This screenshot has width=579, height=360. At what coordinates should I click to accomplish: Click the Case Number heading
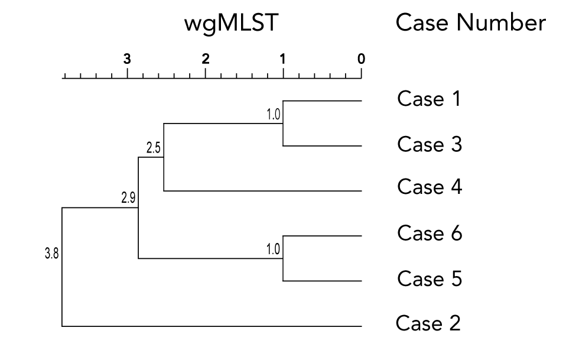(x=470, y=23)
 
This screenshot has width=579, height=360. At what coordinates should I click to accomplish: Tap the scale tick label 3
(x=127, y=59)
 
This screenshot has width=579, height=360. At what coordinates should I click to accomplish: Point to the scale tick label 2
(x=205, y=59)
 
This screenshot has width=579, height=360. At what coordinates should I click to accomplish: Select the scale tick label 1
(x=283, y=59)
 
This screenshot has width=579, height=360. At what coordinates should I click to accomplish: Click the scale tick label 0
(x=361, y=59)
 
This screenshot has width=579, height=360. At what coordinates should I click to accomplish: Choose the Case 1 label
(x=429, y=99)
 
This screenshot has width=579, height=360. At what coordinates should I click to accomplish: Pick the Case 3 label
(x=430, y=144)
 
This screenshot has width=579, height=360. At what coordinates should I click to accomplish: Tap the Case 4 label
(x=430, y=187)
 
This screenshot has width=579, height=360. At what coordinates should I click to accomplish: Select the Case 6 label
(x=430, y=233)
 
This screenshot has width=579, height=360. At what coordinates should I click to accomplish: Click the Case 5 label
(x=430, y=278)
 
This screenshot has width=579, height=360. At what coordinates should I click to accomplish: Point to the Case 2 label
(x=428, y=323)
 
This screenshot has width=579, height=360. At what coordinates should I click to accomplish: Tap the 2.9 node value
(x=129, y=199)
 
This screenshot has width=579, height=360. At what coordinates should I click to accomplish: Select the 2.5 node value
(x=154, y=148)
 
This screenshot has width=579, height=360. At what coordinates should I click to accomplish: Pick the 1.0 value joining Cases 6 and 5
(x=273, y=249)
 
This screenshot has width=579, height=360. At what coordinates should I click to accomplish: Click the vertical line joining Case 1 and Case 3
(x=283, y=124)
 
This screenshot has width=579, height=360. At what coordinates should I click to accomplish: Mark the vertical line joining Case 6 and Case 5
(x=283, y=258)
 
